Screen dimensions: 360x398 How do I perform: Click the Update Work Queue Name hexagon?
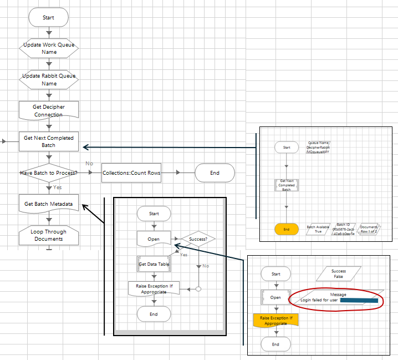point(49,48)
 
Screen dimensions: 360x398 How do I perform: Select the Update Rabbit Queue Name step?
point(49,79)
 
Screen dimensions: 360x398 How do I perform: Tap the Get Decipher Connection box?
point(49,110)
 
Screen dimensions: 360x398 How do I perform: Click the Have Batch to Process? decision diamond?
point(49,173)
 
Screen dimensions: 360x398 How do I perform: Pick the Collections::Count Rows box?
point(131,173)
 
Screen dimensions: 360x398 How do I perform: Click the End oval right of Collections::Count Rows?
point(215,173)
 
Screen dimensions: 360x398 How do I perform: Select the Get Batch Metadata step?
point(49,204)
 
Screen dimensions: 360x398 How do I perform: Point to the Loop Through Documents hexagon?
point(49,235)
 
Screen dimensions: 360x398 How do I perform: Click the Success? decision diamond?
point(198,240)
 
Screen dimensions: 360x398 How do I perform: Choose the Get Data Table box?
point(154,264)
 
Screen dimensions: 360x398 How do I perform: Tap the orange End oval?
point(287,229)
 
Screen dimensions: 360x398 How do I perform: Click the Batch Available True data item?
point(318,229)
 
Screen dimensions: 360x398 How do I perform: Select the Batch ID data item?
point(341,229)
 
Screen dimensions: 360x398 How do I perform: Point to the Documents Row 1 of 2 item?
point(369,229)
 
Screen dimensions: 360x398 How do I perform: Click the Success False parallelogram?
point(338,274)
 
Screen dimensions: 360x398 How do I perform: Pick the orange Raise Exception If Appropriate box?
point(275,320)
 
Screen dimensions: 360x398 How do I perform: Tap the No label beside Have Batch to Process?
point(89,164)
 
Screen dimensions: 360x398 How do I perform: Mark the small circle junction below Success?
point(198,289)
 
